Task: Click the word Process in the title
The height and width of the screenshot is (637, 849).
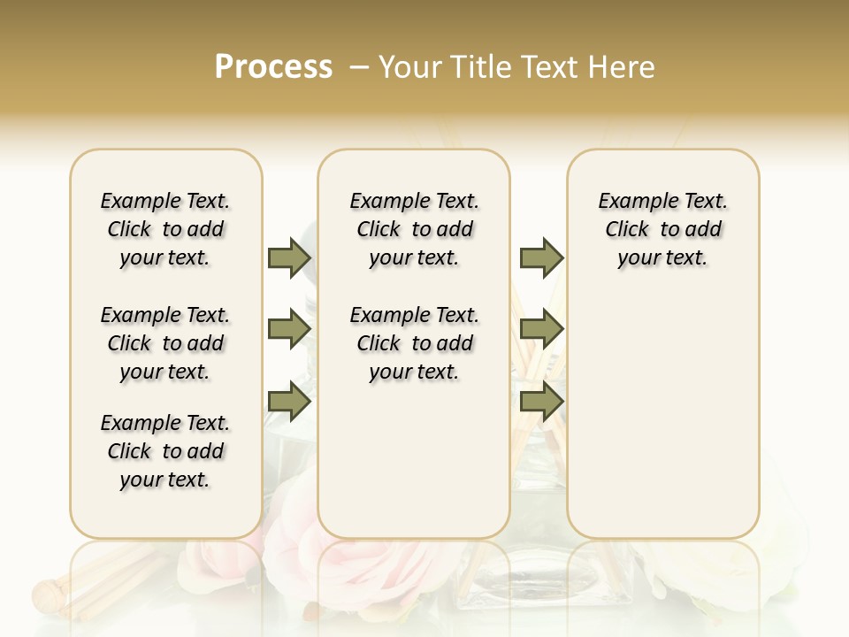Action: point(273,67)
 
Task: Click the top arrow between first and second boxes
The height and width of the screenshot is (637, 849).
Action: point(289,257)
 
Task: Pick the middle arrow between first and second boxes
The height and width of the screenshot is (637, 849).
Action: point(289,330)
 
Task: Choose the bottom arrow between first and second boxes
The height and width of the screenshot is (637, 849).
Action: point(289,403)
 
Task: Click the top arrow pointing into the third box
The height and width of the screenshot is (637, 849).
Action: point(541,257)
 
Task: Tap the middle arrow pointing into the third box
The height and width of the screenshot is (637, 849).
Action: point(541,330)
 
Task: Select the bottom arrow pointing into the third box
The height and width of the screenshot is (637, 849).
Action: point(541,403)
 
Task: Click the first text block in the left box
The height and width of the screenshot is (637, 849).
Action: point(165,229)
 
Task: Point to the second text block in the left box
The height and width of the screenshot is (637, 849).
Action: point(165,343)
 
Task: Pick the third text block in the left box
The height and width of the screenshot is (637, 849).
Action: point(165,451)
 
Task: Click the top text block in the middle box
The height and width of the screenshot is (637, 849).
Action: point(414,229)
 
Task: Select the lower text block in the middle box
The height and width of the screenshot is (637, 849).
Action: point(414,343)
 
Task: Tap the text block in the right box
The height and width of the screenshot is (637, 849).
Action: point(662,229)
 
